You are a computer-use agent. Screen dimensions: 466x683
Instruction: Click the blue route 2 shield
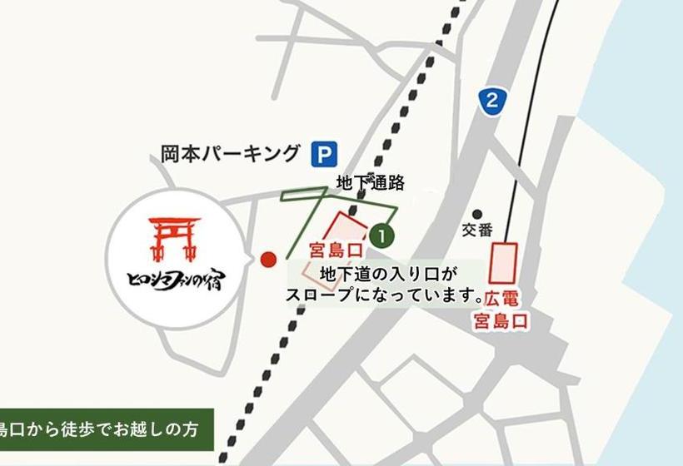[x=493, y=102]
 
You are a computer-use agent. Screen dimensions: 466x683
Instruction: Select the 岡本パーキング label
[x=229, y=154]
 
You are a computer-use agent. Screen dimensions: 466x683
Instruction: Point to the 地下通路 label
[x=370, y=182]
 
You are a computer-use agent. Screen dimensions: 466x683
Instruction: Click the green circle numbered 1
[x=382, y=235]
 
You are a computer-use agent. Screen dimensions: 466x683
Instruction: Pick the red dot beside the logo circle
[x=267, y=260]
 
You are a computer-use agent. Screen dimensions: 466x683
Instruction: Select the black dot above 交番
[x=478, y=214]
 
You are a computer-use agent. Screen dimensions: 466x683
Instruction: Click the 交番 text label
[x=478, y=231]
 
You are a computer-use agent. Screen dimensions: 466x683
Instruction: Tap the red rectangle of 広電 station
[x=504, y=263]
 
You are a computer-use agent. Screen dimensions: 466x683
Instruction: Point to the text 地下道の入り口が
[x=389, y=273]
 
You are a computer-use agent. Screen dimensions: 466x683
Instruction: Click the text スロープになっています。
[x=385, y=295]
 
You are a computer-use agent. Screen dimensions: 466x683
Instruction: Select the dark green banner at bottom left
[x=106, y=430]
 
